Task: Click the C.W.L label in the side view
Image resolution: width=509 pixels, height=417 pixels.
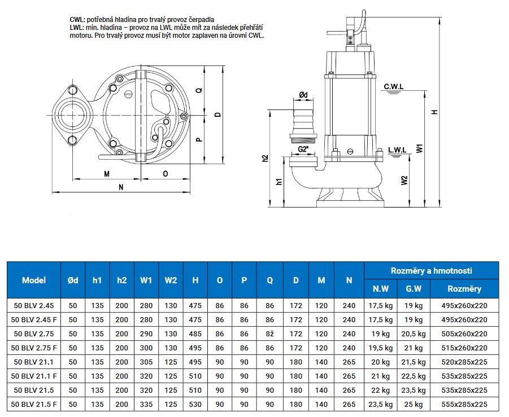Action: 394,86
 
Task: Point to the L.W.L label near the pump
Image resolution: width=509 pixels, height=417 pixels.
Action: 398,150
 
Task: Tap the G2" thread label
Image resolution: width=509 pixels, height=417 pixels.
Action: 303,150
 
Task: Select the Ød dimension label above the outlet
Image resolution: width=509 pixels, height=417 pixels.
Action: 303,95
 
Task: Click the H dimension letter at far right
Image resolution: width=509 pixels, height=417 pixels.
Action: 434,112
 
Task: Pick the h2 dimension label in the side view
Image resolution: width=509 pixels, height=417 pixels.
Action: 266,159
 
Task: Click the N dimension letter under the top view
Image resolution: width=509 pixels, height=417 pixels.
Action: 121,187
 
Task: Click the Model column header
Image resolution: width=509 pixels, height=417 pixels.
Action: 34,280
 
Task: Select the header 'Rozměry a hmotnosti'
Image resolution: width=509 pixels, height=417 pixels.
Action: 431,271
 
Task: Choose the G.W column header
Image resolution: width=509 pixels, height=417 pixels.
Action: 414,289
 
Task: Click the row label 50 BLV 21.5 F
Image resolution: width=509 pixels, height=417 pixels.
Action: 34,404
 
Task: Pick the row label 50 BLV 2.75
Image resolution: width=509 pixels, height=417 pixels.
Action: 34,333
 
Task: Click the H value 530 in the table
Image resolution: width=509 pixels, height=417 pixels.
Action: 195,404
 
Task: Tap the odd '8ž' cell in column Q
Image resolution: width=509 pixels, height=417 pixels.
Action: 269,333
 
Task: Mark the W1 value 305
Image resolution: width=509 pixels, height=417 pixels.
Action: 146,362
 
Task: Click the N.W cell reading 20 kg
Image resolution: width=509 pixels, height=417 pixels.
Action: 381,362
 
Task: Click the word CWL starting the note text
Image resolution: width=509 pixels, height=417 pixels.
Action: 77,19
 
